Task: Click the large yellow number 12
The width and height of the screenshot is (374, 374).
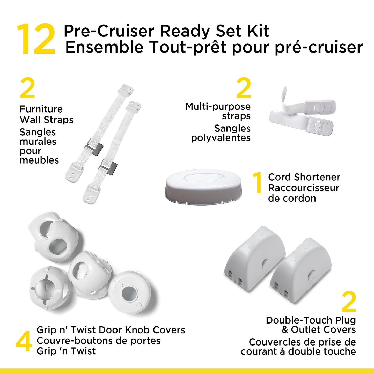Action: pos(36,39)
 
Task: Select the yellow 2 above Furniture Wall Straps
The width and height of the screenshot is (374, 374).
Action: pos(27,88)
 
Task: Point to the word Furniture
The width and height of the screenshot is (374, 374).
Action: pos(41,109)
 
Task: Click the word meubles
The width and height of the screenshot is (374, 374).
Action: pos(39,160)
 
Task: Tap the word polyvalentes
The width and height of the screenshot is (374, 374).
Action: pos(221,138)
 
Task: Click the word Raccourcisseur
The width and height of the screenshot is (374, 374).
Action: pos(304,188)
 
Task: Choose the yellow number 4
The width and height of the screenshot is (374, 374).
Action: pos(24,341)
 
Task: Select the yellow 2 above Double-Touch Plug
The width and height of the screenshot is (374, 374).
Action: pos(349,302)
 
